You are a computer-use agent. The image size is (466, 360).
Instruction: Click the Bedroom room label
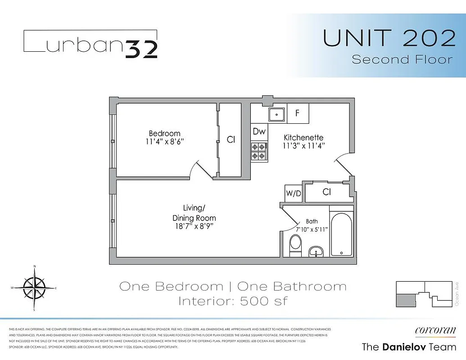tap(164, 133)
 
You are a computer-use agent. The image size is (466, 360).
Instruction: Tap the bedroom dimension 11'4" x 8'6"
tap(165, 141)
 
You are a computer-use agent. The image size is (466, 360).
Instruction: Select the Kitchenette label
tap(303, 137)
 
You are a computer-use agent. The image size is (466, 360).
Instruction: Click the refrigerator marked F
tap(298, 113)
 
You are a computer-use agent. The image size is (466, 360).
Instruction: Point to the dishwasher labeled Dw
tap(259, 131)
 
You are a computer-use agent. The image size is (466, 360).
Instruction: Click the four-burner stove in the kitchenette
tap(259, 151)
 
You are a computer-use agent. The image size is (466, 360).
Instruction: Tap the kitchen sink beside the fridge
tap(276, 114)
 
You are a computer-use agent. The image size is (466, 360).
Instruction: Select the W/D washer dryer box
tap(294, 193)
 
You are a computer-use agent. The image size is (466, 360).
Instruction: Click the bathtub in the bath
tap(342, 234)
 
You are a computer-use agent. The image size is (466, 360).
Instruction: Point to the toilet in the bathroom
tap(295, 245)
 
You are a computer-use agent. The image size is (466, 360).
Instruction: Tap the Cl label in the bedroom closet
tap(231, 140)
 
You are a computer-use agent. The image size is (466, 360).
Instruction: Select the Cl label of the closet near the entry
tap(327, 192)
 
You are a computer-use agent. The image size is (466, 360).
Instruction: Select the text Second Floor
tap(402, 59)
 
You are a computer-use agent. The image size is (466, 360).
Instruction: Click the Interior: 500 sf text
tap(233, 301)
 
